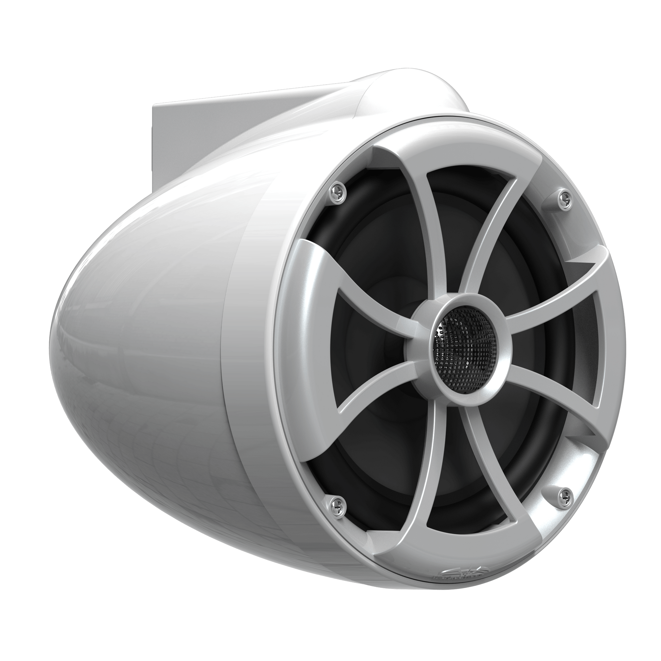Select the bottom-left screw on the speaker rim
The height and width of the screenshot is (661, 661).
click(333, 502)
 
